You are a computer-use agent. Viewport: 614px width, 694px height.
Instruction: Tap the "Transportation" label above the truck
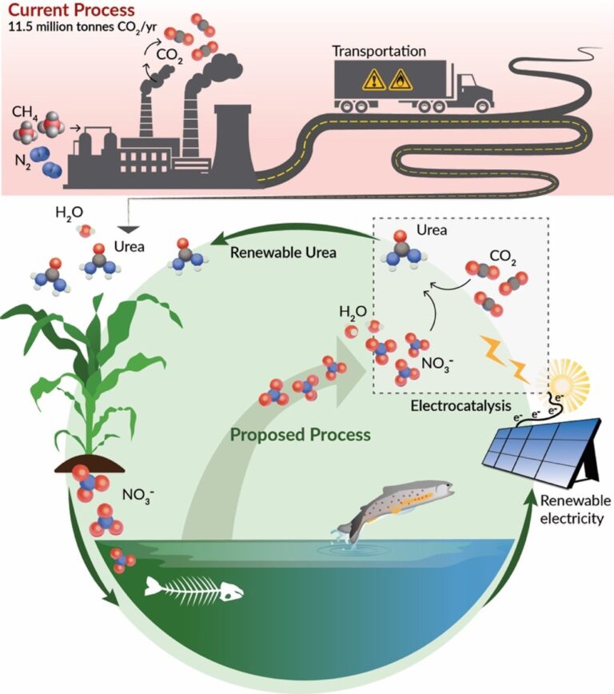tap(380, 50)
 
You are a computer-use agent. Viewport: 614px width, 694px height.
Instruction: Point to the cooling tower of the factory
tap(232, 144)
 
